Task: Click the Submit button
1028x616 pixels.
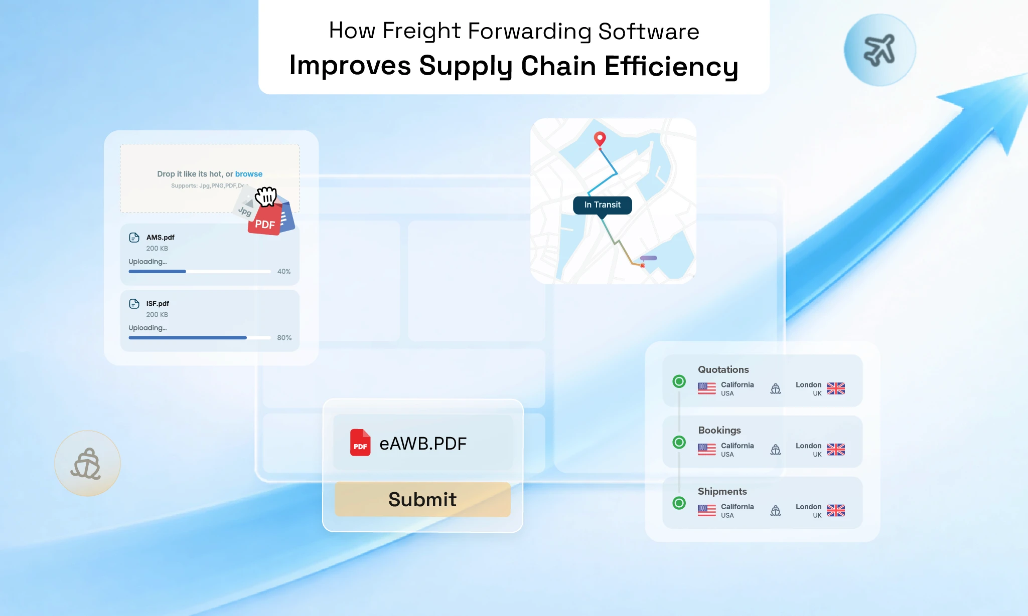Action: [x=422, y=499]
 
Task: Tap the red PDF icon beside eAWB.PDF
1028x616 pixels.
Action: [x=360, y=443]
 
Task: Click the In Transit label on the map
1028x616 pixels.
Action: [x=602, y=204]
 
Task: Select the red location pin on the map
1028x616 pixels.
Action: [x=600, y=138]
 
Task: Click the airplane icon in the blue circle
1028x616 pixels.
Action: [x=879, y=50]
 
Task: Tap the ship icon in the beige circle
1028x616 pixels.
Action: [x=87, y=464]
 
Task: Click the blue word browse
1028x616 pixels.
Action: [x=249, y=174]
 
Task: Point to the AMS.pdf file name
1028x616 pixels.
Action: [x=161, y=237]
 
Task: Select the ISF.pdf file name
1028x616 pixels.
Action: [x=158, y=303]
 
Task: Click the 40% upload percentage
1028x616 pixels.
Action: [x=284, y=271]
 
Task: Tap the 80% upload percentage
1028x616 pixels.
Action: [x=284, y=337]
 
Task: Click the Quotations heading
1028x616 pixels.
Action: [x=723, y=369]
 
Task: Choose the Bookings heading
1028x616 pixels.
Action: [x=719, y=430]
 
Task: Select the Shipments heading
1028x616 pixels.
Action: [x=722, y=491]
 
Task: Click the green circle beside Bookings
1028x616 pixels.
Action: [x=679, y=442]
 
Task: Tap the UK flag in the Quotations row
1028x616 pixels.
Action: [x=835, y=388]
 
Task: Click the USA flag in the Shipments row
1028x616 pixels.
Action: [x=706, y=510]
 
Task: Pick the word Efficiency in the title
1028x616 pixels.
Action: [x=671, y=66]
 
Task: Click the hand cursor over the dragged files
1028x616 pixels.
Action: [x=266, y=196]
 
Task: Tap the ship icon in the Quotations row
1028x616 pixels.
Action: [x=775, y=388]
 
